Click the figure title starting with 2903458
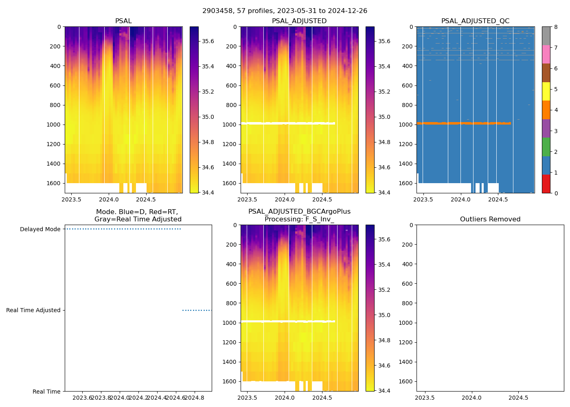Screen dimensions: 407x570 [285, 11]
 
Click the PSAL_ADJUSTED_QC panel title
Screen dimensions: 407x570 [475, 21]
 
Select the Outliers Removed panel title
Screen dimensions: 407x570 [490, 219]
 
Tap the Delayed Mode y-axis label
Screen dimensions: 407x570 [40, 230]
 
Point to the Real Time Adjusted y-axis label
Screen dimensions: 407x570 [33, 311]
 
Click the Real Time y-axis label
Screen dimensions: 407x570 [46, 392]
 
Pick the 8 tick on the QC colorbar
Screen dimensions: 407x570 [556, 27]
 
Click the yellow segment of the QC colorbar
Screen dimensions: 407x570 [546, 92]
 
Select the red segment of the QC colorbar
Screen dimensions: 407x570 [546, 184]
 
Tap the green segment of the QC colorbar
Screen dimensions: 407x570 [546, 147]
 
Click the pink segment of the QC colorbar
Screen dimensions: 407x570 [546, 55]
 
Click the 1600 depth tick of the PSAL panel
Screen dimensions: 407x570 [54, 183]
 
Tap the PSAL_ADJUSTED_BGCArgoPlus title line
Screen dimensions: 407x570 [299, 212]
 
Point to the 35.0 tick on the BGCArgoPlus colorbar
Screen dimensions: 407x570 [384, 315]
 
